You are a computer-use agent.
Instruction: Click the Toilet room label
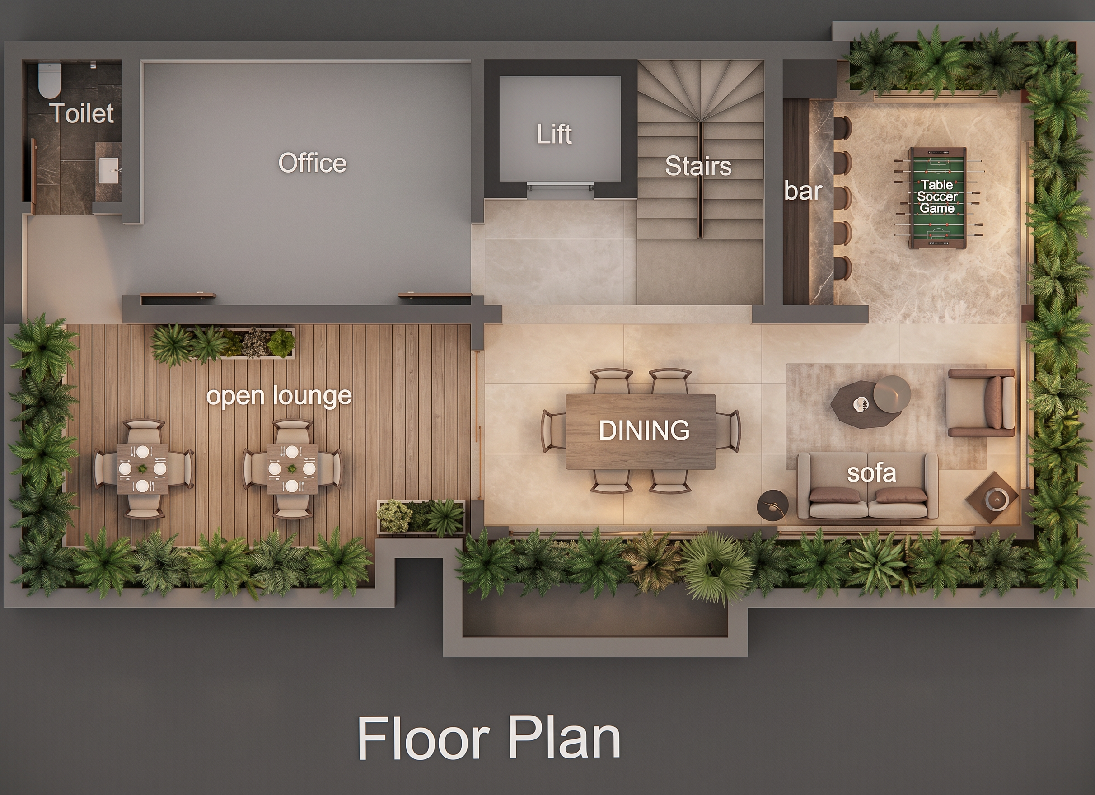coord(83,114)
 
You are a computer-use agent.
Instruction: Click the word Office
coord(313,163)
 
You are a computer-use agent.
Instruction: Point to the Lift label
coord(554,134)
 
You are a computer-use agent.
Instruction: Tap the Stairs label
coord(698,167)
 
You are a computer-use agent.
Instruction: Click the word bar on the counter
coord(803,191)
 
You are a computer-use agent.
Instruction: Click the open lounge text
coord(279,397)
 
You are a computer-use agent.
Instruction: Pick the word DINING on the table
coord(644,430)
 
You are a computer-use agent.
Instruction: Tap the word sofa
coord(871,473)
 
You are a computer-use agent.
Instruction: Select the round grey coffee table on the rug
coord(892,394)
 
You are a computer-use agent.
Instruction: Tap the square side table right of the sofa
coord(992,497)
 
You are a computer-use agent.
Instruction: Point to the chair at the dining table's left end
coord(554,431)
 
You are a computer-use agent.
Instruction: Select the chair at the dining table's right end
coord(727,431)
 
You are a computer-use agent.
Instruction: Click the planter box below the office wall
coord(224,343)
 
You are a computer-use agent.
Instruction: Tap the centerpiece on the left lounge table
coord(142,468)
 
